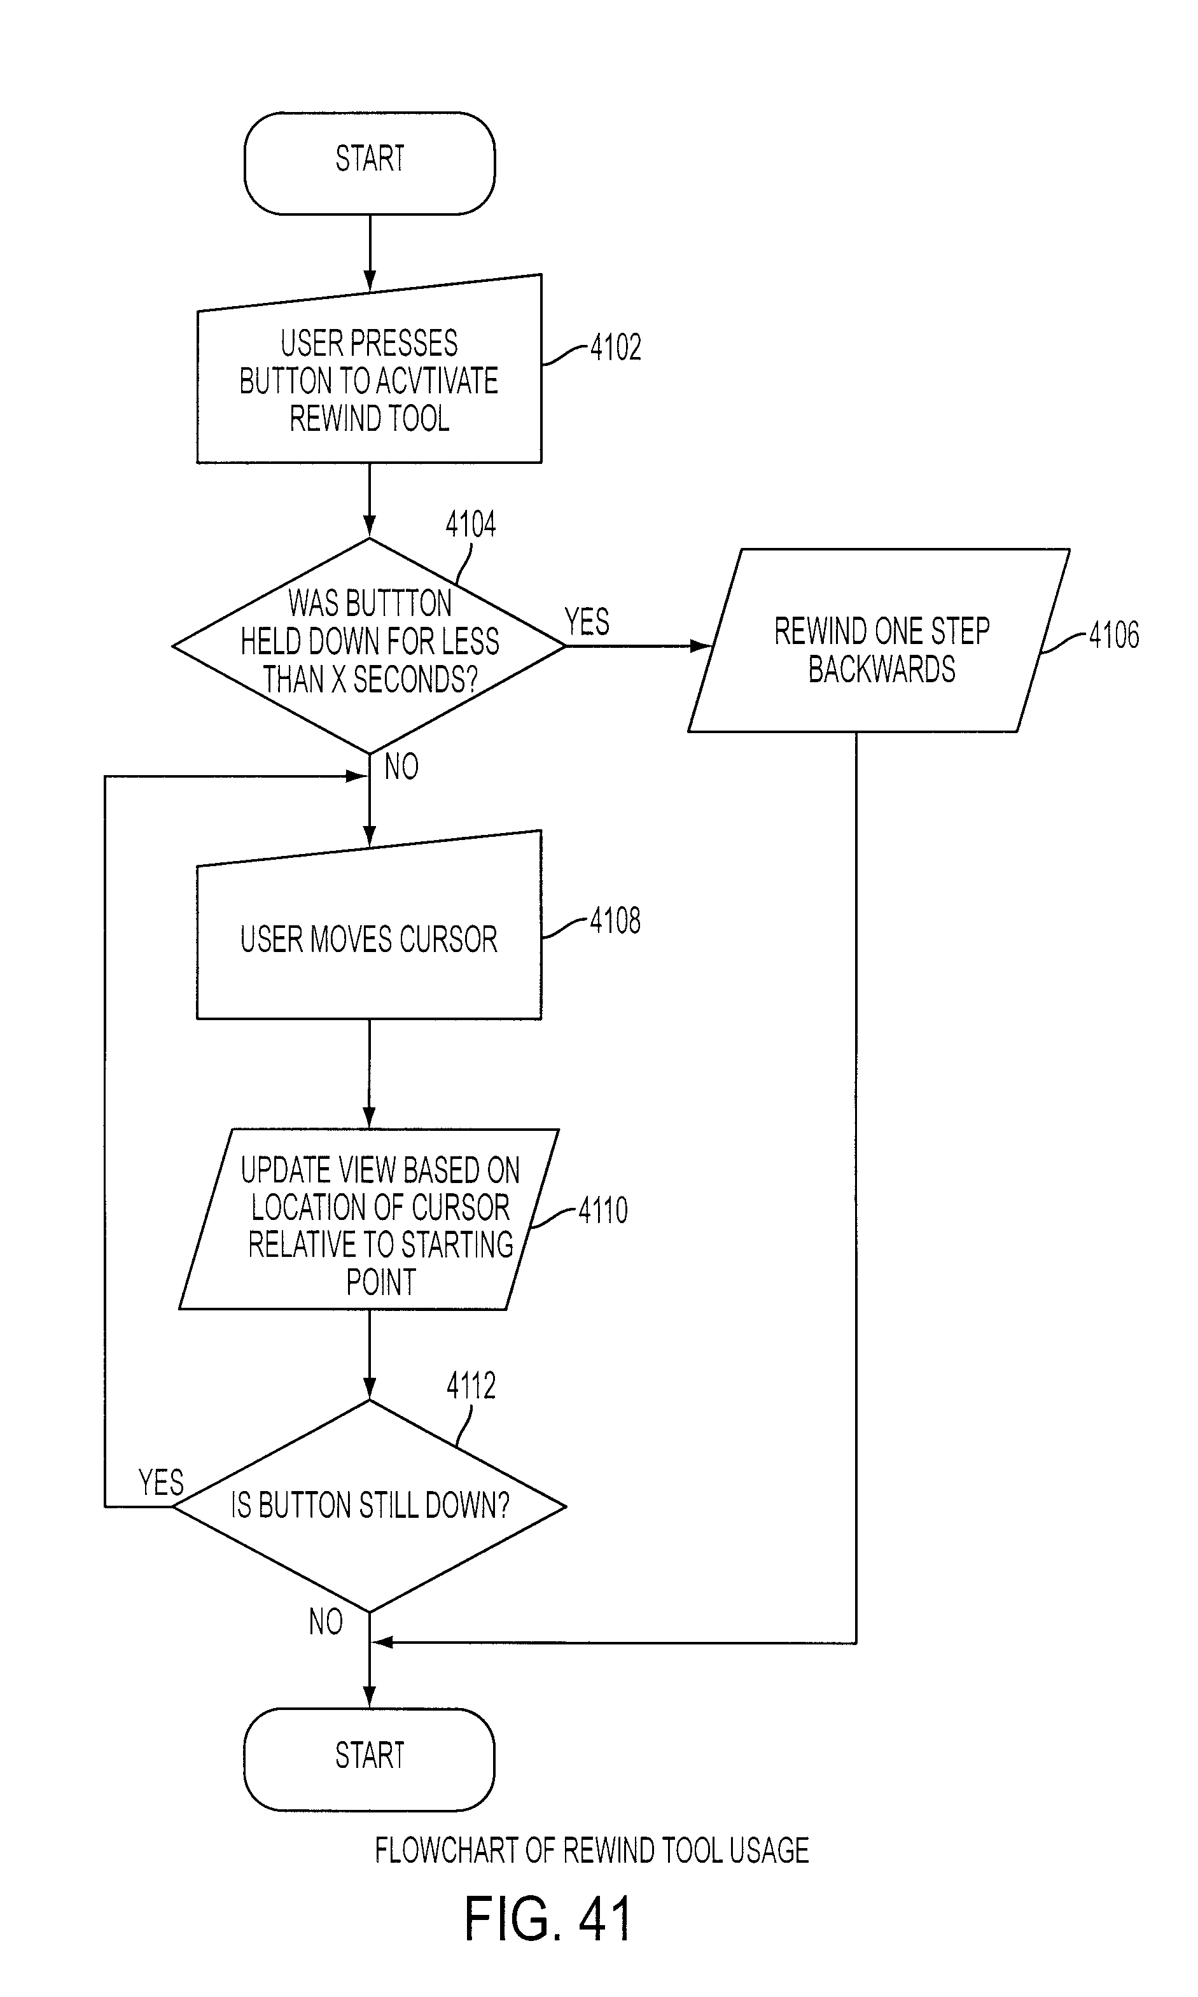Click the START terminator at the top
click(x=370, y=163)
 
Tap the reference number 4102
click(x=615, y=348)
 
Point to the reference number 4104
click(x=471, y=524)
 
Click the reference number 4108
click(x=615, y=921)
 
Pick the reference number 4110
click(x=603, y=1210)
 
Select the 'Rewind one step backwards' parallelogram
click(x=879, y=640)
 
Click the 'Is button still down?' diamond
click(x=370, y=1506)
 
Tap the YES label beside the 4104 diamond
click(x=587, y=622)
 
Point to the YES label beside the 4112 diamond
click(x=161, y=1483)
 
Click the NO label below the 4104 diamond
click(x=401, y=766)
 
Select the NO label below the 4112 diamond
click(x=326, y=1622)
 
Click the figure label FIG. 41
click(x=547, y=1918)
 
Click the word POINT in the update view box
click(x=381, y=1282)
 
